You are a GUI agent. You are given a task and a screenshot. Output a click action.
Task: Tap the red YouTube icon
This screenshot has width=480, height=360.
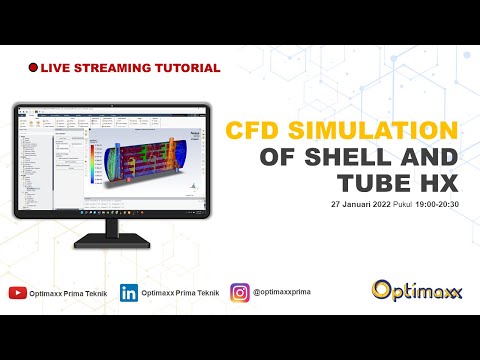pyautogui.click(x=17, y=293)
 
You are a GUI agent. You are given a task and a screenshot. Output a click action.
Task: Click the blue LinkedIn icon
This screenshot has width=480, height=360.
pyautogui.click(x=128, y=293)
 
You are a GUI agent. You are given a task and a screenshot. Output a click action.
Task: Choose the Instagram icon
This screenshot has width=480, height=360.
pyautogui.click(x=240, y=293)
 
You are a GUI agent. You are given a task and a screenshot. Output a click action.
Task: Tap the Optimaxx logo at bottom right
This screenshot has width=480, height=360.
pyautogui.click(x=415, y=290)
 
